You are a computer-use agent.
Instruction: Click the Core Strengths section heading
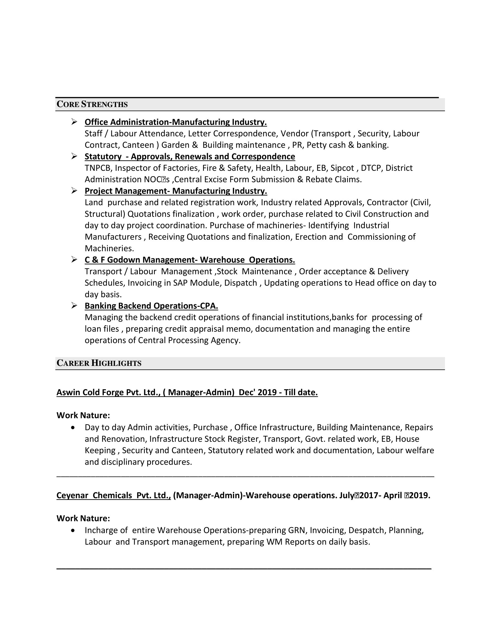pyautogui.click(x=92, y=104)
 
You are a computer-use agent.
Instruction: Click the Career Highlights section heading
pyautogui.click(x=99, y=363)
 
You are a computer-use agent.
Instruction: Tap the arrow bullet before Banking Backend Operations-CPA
pyautogui.click(x=74, y=306)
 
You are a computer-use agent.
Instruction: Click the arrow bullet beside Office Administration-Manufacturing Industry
pyautogui.click(x=74, y=122)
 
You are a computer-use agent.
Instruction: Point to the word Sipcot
pyautogui.click(x=342, y=168)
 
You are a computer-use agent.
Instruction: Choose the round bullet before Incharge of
pyautogui.click(x=74, y=531)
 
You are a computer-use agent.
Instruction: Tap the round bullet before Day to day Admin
pyautogui.click(x=74, y=428)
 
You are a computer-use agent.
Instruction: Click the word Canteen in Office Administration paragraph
pyautogui.click(x=138, y=145)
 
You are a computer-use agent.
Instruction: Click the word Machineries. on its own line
pyautogui.click(x=109, y=248)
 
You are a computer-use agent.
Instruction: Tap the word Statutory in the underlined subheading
pyautogui.click(x=103, y=157)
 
